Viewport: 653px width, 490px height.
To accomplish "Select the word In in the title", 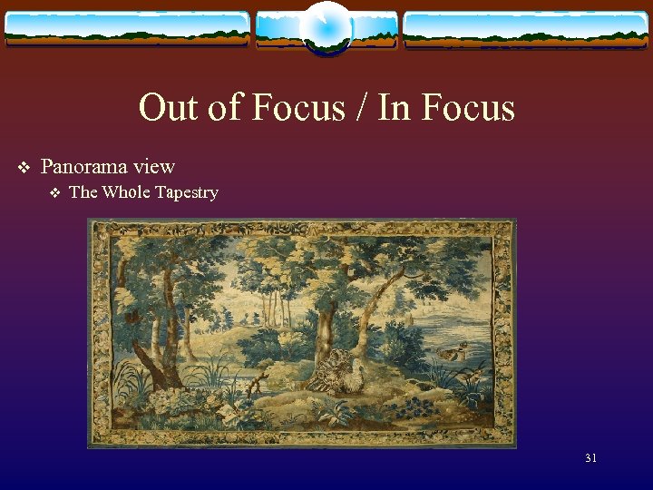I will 393,108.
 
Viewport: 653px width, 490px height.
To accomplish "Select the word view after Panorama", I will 154,167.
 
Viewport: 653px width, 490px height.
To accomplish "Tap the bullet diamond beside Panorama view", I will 24,168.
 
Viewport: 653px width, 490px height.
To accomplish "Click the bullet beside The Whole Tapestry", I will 54,192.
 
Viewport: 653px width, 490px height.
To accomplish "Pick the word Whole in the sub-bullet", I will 128,192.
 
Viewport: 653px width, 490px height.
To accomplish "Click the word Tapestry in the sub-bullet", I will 188,192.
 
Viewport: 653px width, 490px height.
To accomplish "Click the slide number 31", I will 590,458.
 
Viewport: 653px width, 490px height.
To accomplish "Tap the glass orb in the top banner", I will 326,27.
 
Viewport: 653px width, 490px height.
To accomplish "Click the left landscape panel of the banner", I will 127,29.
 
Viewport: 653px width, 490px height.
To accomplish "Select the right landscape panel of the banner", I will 526,29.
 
